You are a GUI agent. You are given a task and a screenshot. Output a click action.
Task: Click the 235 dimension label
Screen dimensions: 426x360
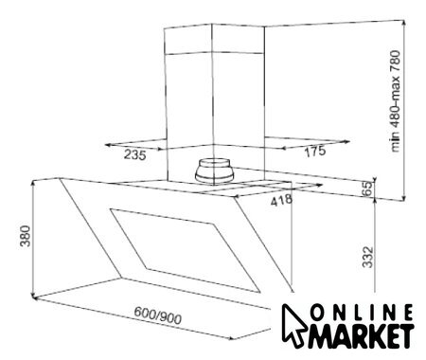[135, 155]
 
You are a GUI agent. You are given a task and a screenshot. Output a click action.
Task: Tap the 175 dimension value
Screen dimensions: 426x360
[315, 151]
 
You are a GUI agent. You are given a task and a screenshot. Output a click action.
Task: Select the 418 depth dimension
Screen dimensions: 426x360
[281, 201]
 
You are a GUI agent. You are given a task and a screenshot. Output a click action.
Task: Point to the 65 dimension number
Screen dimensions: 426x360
[368, 189]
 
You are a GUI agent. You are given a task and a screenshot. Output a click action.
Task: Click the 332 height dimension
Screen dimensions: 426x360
[367, 257]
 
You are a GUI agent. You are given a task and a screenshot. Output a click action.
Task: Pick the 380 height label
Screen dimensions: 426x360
[25, 236]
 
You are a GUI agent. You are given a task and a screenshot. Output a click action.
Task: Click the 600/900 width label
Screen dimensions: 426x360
[158, 315]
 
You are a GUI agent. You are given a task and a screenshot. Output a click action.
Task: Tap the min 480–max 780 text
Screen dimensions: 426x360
[395, 101]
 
